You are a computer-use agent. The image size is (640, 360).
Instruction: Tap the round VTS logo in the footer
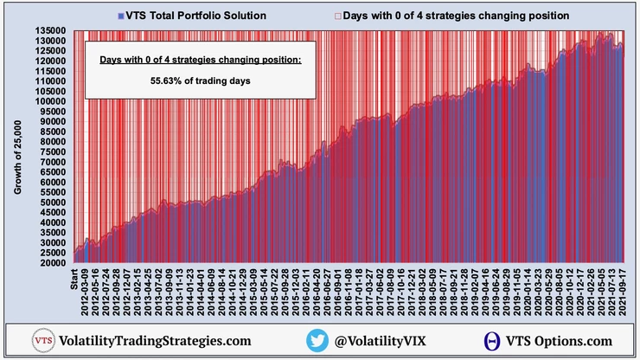tap(42, 341)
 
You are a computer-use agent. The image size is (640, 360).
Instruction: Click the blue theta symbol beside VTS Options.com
tap(494, 341)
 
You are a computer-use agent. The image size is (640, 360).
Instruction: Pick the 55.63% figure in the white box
tap(200, 79)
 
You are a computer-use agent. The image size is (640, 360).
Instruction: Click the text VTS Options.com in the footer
tap(555, 341)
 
